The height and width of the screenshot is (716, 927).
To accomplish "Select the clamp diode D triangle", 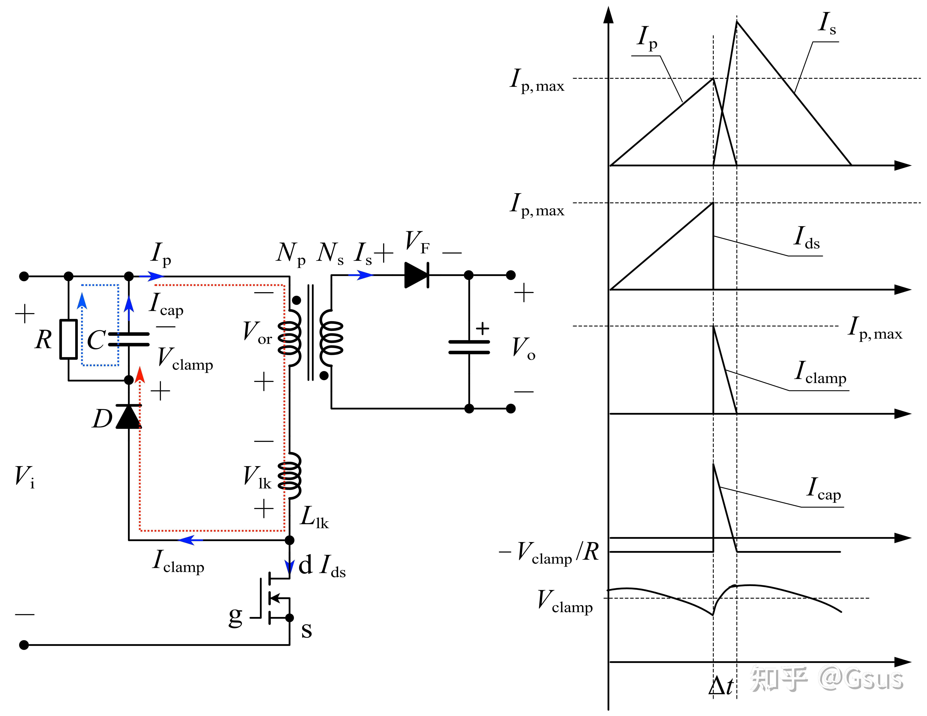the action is click(x=129, y=417).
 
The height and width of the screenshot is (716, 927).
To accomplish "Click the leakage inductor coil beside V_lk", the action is click(x=290, y=475).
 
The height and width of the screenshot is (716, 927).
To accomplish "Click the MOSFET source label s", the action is click(x=306, y=631).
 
